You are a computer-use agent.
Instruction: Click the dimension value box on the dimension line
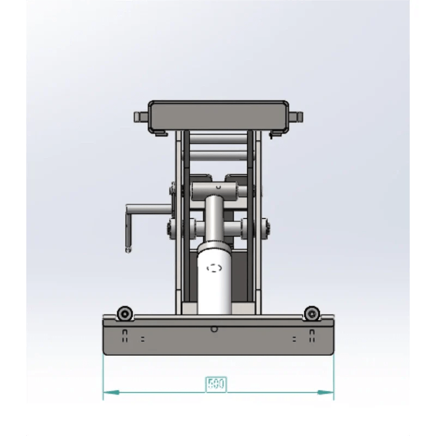coord(216,384)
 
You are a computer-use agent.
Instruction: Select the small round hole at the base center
coord(214,329)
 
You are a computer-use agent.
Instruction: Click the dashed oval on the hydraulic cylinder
coord(214,268)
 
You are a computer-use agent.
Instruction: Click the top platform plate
coord(219,115)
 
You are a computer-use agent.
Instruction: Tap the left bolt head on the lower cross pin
coord(171,228)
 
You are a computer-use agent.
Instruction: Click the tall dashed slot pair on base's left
coord(125,336)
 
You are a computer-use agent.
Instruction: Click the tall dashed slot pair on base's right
coord(312,336)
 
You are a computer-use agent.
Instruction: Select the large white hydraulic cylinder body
coord(214,278)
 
